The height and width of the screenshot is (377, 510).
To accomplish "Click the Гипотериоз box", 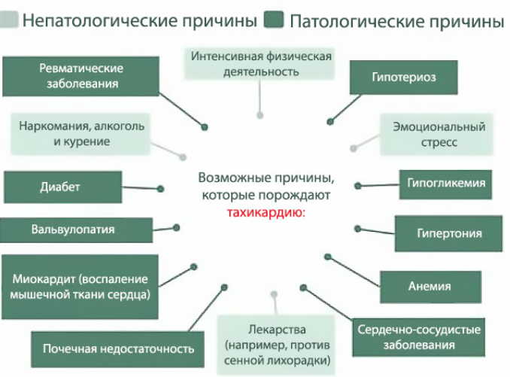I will click(403, 77).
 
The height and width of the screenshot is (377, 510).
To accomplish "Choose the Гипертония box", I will click(449, 233).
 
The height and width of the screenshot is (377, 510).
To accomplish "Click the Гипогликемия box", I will click(446, 183).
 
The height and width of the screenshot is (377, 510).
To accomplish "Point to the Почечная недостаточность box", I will click(118, 348).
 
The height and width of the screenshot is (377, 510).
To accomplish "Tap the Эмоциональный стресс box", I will click(439, 134).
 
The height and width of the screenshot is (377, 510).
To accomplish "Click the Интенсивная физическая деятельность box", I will click(260, 64).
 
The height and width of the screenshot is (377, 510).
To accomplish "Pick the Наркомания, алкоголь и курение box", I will click(82, 132).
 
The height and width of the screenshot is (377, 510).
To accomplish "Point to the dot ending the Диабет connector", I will click(160, 189).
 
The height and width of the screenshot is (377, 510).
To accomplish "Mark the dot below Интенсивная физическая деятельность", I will click(260, 116).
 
